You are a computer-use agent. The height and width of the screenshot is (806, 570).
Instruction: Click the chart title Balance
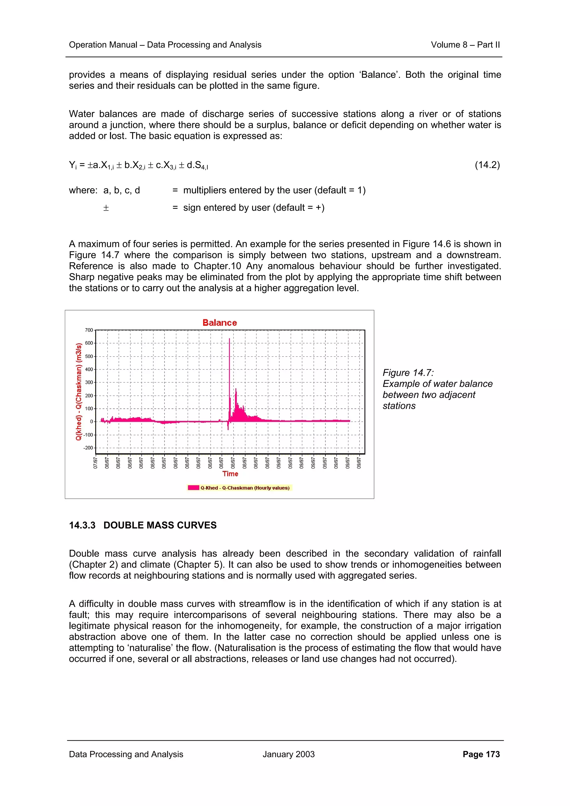click(x=220, y=323)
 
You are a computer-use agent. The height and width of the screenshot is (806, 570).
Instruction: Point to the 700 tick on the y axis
click(x=89, y=330)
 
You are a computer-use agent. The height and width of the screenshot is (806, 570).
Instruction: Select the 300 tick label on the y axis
click(x=89, y=382)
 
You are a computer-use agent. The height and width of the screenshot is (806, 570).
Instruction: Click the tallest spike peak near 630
click(x=229, y=339)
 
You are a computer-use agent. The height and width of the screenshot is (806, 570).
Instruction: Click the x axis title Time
click(x=230, y=474)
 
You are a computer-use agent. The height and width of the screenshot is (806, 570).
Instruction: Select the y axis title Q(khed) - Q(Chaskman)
click(x=79, y=391)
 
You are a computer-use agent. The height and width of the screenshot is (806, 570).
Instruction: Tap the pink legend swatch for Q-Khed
click(x=193, y=488)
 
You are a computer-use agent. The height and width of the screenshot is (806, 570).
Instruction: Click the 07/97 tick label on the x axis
click(x=95, y=463)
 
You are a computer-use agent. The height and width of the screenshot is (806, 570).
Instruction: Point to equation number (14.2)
click(x=487, y=165)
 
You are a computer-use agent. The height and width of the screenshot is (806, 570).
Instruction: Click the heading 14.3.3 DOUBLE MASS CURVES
click(x=142, y=525)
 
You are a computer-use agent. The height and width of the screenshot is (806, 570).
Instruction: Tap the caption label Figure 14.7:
click(x=408, y=372)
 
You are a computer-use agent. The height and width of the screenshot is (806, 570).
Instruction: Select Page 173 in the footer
click(x=481, y=754)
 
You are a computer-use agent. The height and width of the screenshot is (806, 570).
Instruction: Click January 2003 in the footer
click(x=288, y=754)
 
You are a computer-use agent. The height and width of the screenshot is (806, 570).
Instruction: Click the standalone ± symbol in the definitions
click(x=106, y=208)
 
